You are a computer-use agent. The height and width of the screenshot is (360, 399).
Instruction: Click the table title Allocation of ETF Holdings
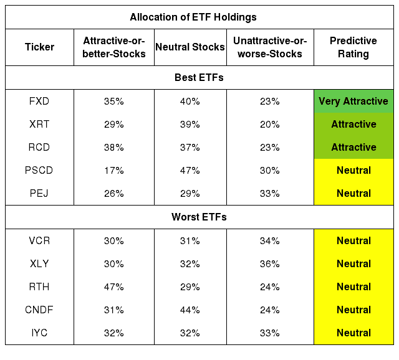coord(193,17)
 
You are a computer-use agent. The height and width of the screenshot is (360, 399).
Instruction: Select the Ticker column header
coord(39,47)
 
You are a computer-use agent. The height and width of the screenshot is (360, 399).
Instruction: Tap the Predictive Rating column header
coord(353,47)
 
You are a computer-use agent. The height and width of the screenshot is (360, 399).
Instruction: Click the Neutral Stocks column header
coord(190,47)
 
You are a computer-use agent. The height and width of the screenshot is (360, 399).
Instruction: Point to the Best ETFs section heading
coord(199,77)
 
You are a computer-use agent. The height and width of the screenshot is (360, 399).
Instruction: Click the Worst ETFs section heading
coord(199,217)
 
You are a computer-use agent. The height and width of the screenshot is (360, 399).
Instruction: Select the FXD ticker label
coord(39,101)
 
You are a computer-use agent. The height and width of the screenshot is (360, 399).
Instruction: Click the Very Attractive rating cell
coord(353,101)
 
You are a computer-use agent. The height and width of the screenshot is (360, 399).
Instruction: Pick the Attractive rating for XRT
coord(353,124)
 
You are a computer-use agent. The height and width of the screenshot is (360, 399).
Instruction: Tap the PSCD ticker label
coord(39,170)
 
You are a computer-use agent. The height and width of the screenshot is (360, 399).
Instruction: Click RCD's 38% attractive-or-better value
coord(113,147)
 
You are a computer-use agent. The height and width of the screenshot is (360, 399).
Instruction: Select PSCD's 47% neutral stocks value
coord(190,170)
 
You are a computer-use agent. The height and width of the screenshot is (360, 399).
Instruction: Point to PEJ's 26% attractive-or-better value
coord(113,194)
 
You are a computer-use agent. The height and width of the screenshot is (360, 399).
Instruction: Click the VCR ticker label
coord(39,240)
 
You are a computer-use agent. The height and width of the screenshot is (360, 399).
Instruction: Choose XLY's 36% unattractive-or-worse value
coord(270,263)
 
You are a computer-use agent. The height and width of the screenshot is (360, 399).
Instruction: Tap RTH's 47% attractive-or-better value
coord(113,287)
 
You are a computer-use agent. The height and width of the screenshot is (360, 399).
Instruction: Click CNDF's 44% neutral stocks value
coord(190,310)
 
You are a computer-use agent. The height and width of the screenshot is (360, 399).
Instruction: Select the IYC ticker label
coord(39,333)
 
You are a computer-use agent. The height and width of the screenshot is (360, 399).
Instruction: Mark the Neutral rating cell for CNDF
coord(353,310)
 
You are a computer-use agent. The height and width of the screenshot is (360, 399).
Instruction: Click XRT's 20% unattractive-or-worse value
coord(270,125)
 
